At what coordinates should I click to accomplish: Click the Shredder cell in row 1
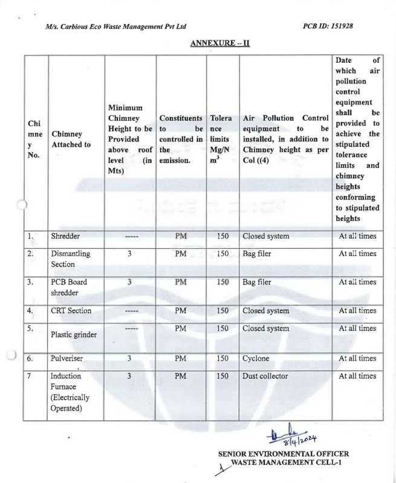point(65,236)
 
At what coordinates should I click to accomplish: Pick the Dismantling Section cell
point(71,260)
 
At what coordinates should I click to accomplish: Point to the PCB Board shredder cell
point(69,288)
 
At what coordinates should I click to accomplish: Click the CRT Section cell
point(71,311)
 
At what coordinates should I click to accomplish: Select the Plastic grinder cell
point(74,334)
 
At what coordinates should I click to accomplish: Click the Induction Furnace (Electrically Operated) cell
point(71,392)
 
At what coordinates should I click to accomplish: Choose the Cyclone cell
point(256,359)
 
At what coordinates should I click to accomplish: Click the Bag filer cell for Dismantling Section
point(257,254)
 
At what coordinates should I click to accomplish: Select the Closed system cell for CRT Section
point(266,311)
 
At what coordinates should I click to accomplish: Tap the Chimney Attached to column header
point(71,139)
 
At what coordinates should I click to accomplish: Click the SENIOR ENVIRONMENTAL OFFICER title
point(284,453)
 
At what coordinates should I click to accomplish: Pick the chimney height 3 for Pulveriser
point(129,359)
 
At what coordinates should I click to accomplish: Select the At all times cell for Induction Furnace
point(357,376)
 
